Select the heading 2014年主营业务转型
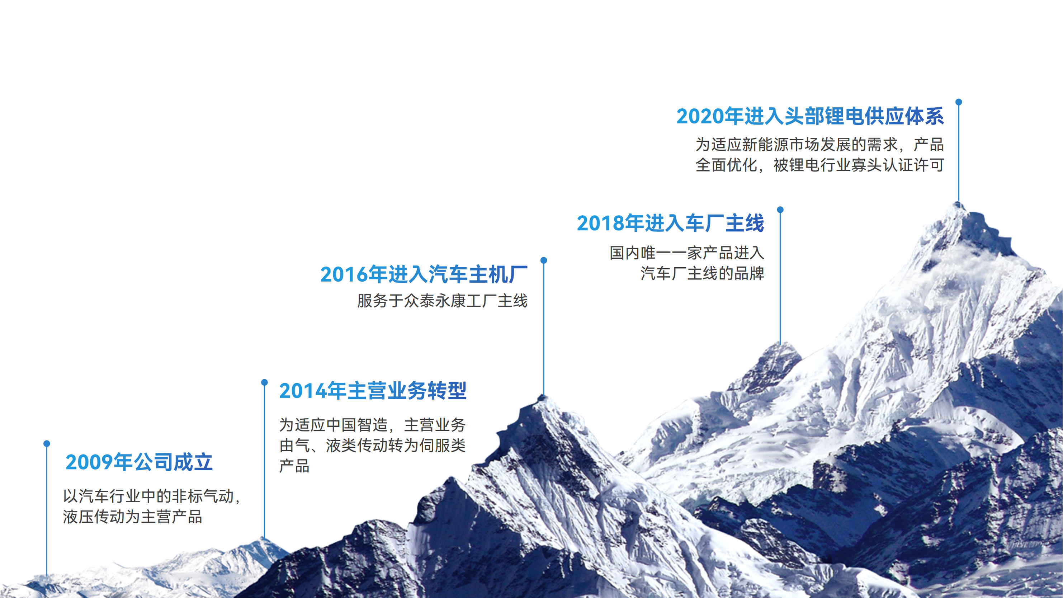point(373,391)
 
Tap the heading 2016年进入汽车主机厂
point(424,274)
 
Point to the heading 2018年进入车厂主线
point(671,223)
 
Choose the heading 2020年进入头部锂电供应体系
point(811,116)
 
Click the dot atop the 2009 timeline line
point(47,444)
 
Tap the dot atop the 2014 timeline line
point(265,382)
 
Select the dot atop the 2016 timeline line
point(544,260)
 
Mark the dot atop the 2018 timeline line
point(780,209)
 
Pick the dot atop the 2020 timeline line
point(959,102)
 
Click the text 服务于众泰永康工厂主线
point(442,301)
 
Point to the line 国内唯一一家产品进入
point(687,253)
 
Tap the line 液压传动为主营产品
point(132,517)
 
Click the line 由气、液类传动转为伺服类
point(373,446)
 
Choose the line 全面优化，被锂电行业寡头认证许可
point(820,165)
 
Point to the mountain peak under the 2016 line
point(543,397)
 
